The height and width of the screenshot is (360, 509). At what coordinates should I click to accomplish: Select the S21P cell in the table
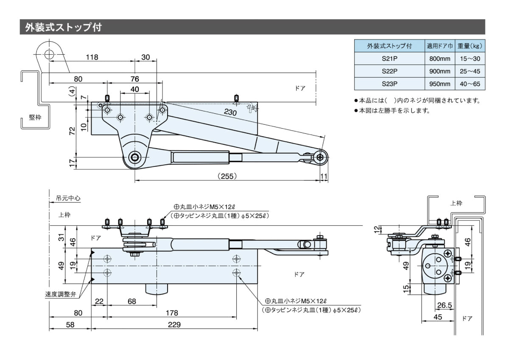pos(389,59)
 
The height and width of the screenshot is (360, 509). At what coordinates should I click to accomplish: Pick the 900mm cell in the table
pos(439,71)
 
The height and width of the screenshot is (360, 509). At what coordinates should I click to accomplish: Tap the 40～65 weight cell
pos(470,84)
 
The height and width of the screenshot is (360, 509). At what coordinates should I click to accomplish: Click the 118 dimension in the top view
pos(92,58)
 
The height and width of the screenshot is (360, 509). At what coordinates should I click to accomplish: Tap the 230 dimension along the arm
pos(230,112)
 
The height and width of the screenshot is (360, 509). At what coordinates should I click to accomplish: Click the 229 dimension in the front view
pos(174,325)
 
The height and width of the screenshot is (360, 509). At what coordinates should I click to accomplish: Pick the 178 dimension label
pos(171,313)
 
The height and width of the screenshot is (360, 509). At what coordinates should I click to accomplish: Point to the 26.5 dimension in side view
pos(444,305)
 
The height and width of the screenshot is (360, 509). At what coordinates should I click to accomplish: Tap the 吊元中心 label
pos(68,198)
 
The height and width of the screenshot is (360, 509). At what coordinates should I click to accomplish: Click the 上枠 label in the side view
pos(456,203)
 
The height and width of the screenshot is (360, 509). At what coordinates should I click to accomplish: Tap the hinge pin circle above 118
pos(49,54)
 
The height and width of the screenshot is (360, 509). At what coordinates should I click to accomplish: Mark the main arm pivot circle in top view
pos(135,157)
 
